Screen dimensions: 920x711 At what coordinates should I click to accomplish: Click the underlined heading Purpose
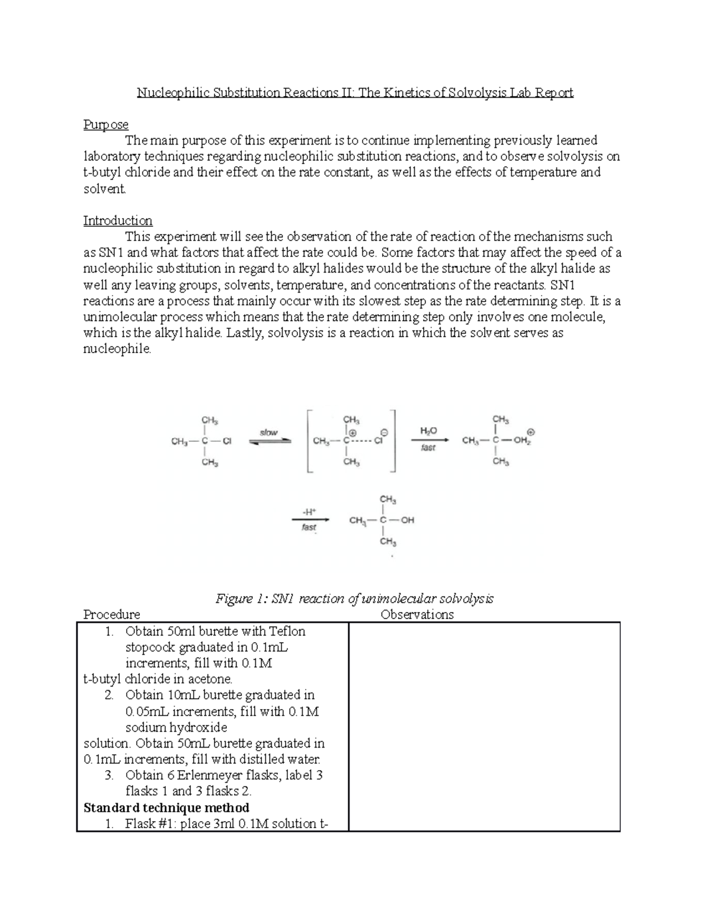pos(105,124)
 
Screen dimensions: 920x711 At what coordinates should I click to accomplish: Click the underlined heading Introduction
pos(117,220)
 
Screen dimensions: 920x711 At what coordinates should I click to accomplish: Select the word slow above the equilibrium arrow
pos(268,432)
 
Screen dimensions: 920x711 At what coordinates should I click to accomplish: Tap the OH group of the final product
pos(408,521)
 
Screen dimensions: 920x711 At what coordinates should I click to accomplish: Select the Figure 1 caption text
pos(354,598)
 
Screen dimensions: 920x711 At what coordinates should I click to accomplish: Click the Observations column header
pos(417,614)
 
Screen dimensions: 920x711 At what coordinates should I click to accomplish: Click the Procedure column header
pos(111,614)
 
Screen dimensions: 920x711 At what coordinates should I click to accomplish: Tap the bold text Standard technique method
pos(166,807)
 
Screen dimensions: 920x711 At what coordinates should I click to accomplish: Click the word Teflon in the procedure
pos(287,631)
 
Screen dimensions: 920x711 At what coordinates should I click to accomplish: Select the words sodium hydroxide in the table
pos(176,727)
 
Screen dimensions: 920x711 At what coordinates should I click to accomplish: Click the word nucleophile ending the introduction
pos(117,349)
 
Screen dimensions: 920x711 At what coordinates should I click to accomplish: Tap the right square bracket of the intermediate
pos(393,441)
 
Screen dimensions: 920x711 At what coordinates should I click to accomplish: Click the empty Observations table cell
pos(483,726)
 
